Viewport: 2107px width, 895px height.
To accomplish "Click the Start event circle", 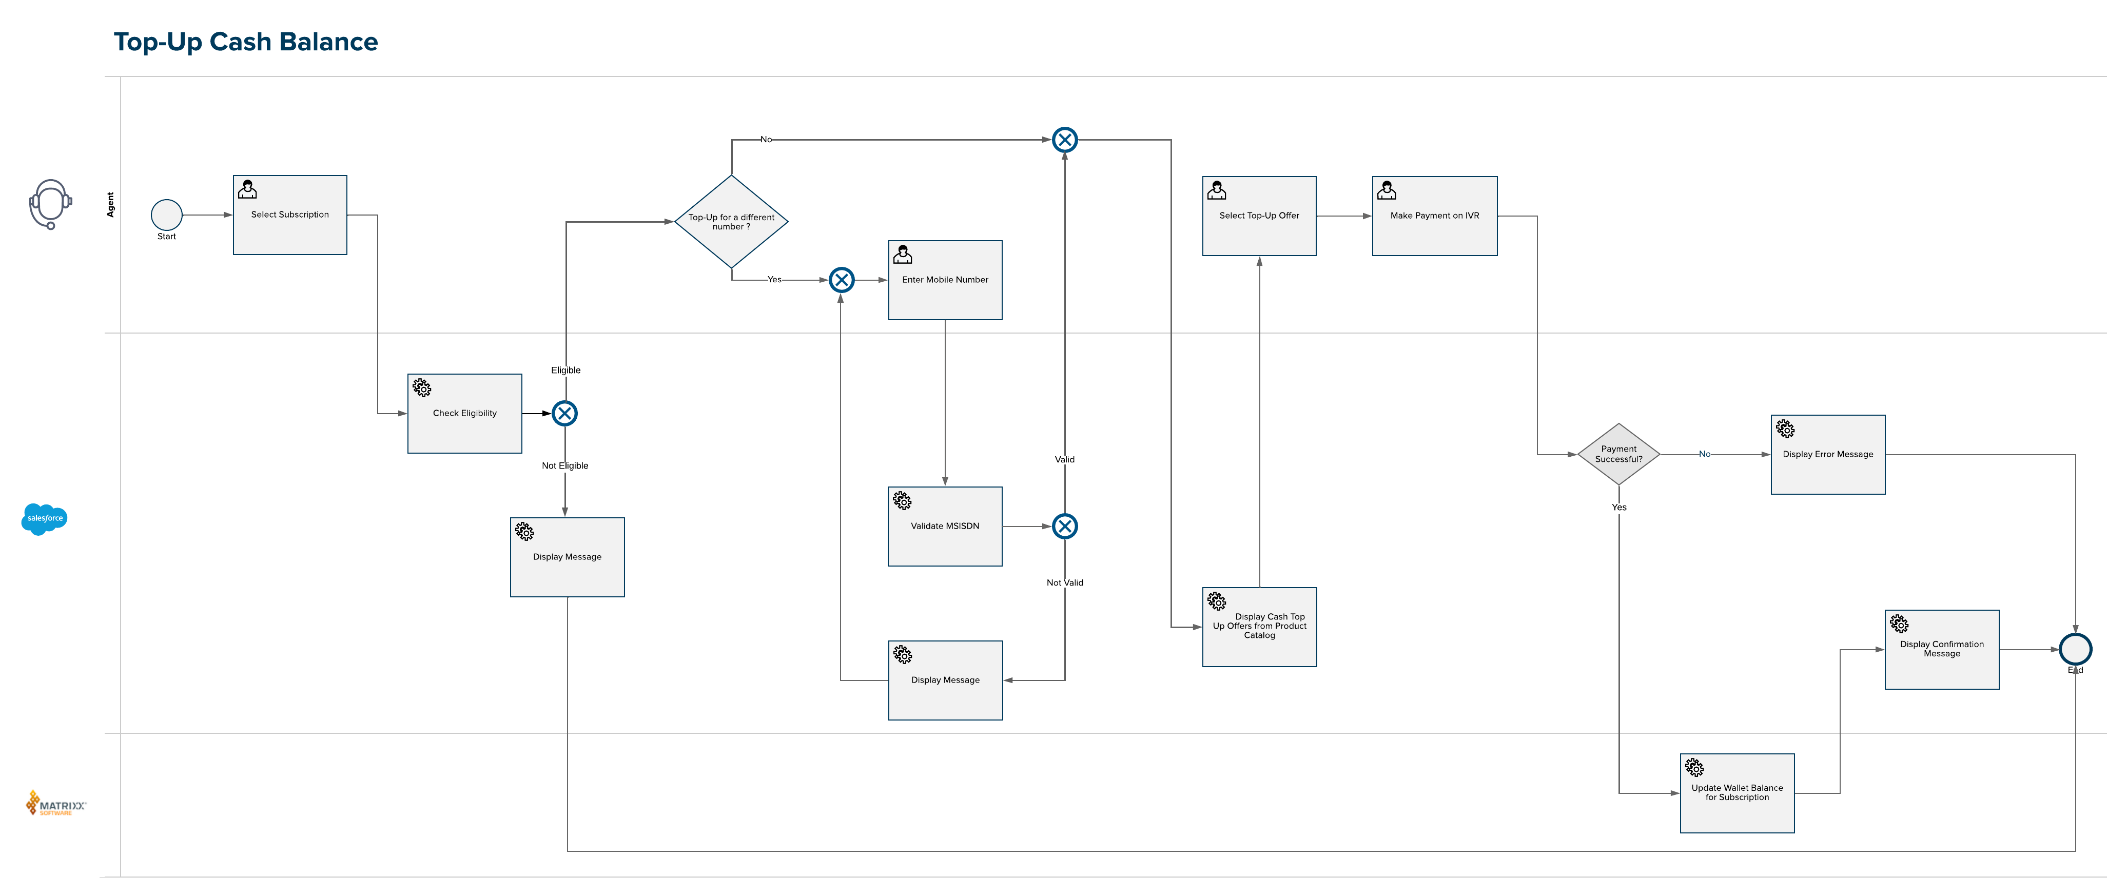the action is coord(166,215).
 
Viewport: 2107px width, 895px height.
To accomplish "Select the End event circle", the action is coord(2075,650).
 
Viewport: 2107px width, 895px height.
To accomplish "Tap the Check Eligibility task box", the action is coord(464,413).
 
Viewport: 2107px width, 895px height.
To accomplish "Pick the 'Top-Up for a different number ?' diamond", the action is coord(731,222).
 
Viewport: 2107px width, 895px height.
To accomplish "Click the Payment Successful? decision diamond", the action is coord(1618,454).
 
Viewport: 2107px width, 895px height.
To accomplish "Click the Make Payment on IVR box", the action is coord(1435,216).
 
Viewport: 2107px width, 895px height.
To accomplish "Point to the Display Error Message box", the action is coord(1828,454).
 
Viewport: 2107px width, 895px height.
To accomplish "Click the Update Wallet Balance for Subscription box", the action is coord(1738,793).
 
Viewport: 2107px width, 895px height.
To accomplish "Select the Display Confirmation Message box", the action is coord(1942,650).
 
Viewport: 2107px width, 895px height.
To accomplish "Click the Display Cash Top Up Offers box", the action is coord(1260,627).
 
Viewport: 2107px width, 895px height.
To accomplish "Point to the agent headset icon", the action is coord(51,204).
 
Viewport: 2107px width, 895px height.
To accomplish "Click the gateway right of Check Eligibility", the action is coord(564,413).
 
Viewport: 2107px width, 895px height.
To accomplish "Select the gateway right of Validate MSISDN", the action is coord(1065,526).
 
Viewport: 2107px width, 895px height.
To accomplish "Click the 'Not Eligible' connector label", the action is coord(565,465).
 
